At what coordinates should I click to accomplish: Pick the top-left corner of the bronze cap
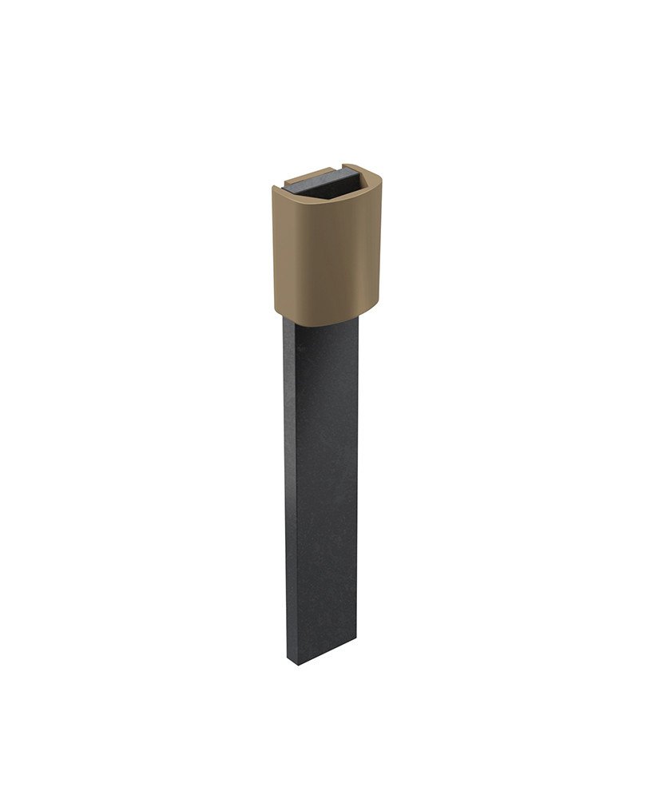(x=276, y=190)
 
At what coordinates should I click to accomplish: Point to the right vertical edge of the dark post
(x=357, y=479)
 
